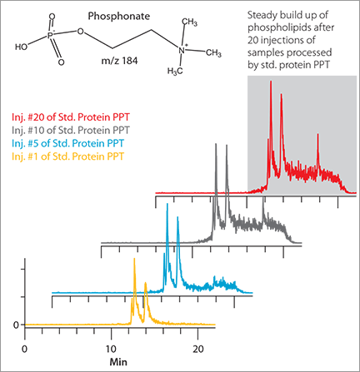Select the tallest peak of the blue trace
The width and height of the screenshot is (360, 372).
coord(167,204)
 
